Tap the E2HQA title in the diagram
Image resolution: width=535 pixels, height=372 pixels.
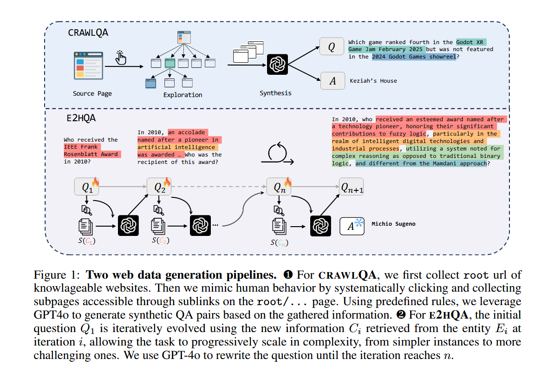click(81, 118)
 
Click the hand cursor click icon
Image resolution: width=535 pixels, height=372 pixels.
click(121, 58)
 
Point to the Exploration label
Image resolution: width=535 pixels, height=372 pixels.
click(183, 95)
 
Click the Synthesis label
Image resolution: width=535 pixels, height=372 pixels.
click(275, 93)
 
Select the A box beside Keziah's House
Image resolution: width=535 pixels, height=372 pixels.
click(333, 81)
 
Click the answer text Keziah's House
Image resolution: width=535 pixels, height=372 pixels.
click(373, 81)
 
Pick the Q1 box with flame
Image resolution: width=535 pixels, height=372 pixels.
click(87, 187)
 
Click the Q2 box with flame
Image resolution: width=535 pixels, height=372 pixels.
click(159, 187)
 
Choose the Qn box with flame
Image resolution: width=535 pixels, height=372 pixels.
click(279, 187)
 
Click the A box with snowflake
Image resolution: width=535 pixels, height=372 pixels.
click(352, 225)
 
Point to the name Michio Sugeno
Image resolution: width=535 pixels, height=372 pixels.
click(393, 224)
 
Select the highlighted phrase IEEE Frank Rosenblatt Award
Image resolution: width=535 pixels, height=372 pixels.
click(92, 150)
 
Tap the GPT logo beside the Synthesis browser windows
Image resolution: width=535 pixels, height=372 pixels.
click(278, 65)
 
